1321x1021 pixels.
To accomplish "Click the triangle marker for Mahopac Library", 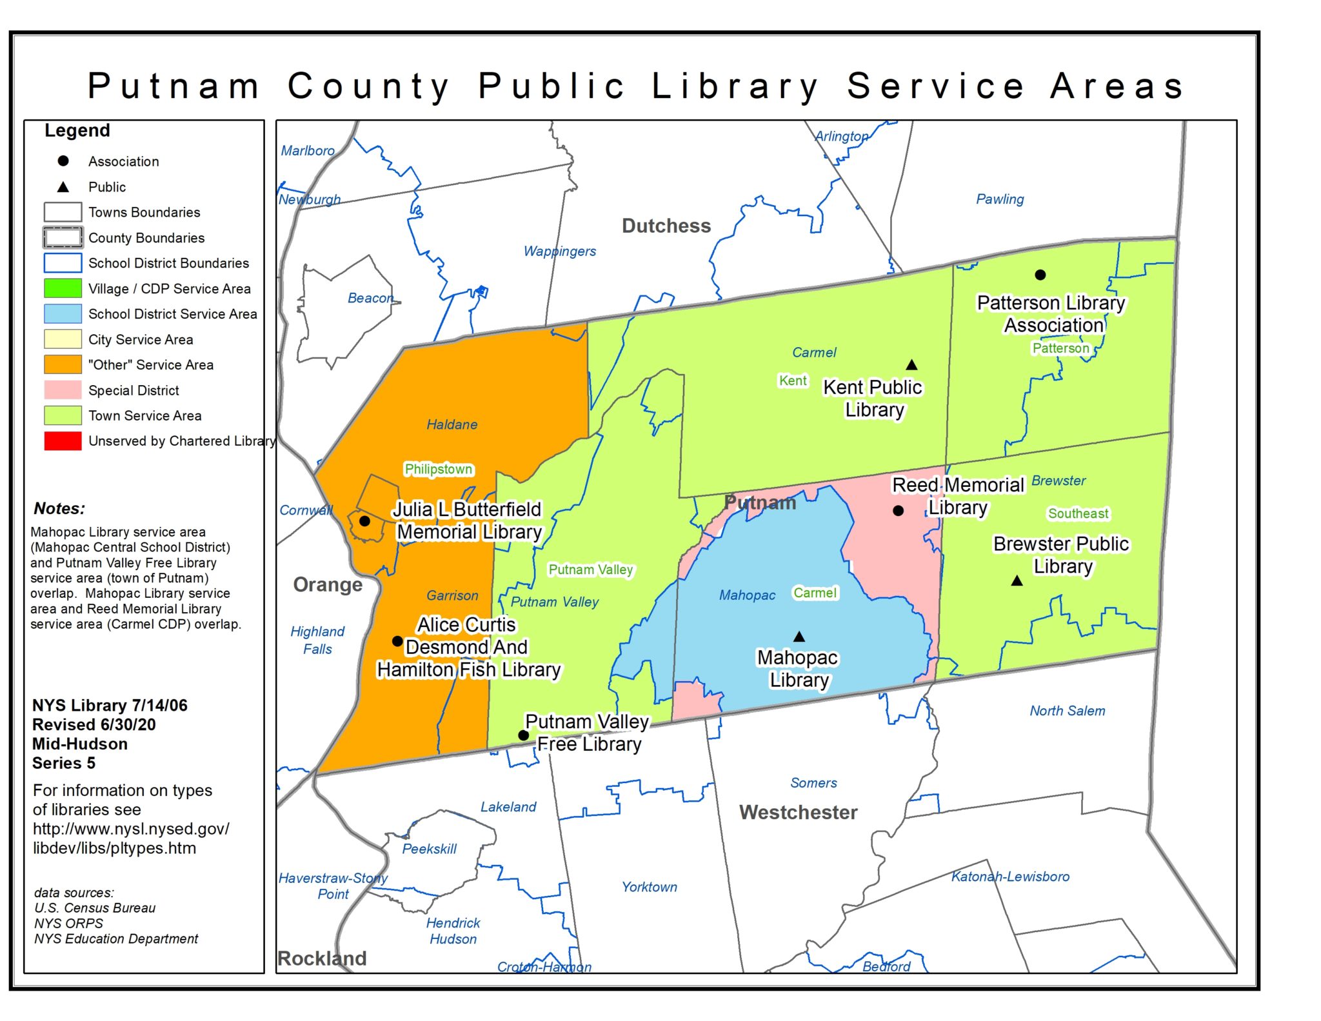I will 799,637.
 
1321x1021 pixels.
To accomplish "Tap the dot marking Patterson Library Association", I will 1040,275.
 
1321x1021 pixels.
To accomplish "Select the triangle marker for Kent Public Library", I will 911,365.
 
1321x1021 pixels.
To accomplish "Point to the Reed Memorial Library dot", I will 898,511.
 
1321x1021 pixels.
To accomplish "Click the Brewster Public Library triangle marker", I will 1017,581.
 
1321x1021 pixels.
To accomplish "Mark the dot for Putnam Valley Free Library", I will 524,735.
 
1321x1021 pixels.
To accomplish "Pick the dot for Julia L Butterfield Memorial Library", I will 364,521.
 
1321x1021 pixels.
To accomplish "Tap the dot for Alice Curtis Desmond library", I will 397,641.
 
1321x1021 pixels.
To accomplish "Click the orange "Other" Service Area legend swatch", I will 63,364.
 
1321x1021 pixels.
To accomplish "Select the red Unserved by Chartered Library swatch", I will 63,441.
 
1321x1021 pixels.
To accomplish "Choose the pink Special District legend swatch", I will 63,390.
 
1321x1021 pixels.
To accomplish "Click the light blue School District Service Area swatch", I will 63,313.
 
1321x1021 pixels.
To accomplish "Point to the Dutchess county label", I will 666,226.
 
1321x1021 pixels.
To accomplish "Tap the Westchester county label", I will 798,812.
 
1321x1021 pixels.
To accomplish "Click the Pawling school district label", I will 999,199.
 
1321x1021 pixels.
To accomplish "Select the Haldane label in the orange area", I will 452,424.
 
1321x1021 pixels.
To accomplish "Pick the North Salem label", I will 1067,711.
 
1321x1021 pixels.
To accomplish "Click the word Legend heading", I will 77,130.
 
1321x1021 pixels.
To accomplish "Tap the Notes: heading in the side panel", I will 59,508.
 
